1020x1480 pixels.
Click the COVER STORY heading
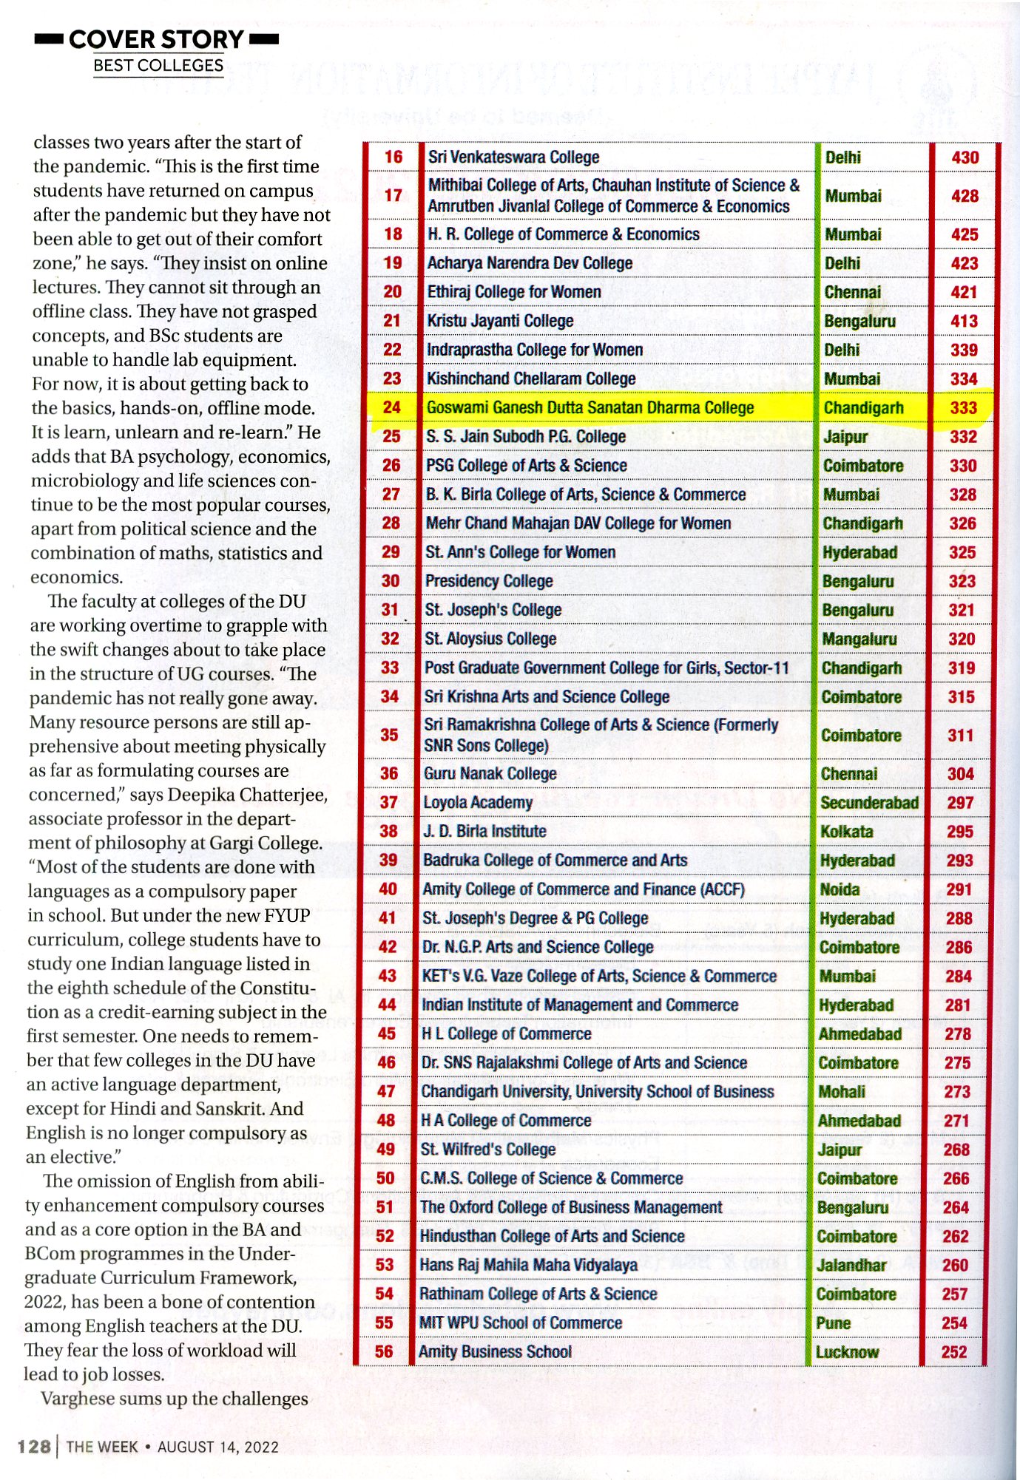coord(156,39)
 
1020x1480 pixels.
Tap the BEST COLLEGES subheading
coord(158,66)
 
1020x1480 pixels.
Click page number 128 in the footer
coord(34,1446)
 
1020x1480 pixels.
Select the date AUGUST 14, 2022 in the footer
coord(218,1447)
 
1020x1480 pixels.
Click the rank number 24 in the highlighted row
coord(391,407)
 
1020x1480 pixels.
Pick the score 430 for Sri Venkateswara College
coord(965,157)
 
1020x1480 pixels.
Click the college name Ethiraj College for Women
coord(514,292)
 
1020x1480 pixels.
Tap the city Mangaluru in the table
coord(859,639)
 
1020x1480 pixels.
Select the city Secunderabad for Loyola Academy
coord(869,803)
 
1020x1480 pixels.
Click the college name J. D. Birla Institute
coord(484,832)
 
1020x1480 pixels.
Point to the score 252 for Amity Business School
coord(954,1352)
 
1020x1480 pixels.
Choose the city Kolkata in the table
coord(846,832)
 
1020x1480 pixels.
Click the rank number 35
coord(389,735)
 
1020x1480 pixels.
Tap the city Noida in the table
coord(840,889)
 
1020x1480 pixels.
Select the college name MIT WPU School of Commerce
coord(521,1323)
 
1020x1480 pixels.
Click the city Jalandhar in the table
coord(851,1265)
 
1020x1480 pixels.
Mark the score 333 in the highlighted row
coord(964,408)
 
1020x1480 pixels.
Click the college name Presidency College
coord(489,581)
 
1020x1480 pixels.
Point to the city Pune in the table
coord(833,1323)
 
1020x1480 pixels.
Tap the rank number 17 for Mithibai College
coord(394,195)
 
